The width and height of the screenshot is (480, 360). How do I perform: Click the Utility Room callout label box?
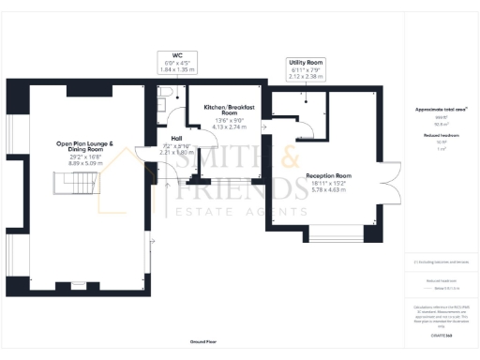point(306,68)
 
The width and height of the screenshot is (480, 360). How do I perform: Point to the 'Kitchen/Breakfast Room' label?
point(230,112)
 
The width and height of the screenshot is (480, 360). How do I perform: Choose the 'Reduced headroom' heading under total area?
point(439,136)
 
